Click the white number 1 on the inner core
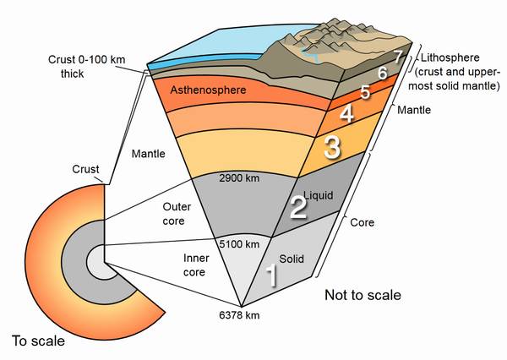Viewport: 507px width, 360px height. (272, 275)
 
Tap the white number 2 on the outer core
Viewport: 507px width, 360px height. (298, 207)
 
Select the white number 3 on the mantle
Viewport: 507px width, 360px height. (332, 147)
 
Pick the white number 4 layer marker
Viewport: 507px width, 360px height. (346, 114)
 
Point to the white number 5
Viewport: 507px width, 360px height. (365, 92)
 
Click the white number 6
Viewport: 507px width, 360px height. (382, 74)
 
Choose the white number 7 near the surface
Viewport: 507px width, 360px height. (398, 57)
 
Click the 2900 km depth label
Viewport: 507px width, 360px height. (239, 178)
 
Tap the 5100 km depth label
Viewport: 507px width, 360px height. (239, 244)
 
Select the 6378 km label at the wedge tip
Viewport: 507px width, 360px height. (239, 315)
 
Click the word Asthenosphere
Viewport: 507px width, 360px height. (208, 90)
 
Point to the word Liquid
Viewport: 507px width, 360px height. (319, 196)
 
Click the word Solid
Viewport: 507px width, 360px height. (292, 259)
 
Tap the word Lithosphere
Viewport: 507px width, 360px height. (450, 57)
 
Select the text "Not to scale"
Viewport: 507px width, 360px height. (363, 295)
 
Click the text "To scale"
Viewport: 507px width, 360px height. (38, 341)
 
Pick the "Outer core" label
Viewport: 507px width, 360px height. (177, 214)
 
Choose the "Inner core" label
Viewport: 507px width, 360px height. (196, 265)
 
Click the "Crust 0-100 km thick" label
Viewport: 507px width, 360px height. (86, 67)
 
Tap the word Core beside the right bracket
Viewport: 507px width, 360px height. (363, 222)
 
